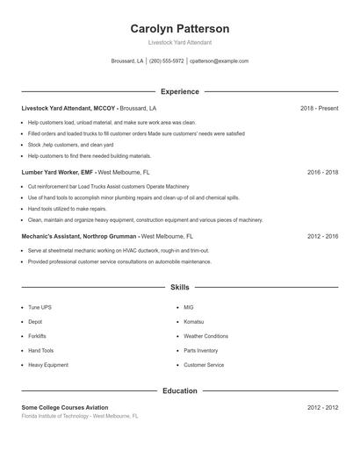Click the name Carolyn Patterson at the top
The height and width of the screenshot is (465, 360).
click(179, 29)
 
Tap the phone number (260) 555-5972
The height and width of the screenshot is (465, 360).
click(167, 61)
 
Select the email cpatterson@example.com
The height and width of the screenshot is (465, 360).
click(220, 61)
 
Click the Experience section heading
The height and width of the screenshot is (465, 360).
click(179, 91)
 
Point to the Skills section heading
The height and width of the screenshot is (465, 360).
click(179, 287)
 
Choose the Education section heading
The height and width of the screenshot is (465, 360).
click(179, 390)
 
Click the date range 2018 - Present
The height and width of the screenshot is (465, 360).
click(319, 108)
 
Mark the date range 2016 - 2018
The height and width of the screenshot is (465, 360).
click(322, 173)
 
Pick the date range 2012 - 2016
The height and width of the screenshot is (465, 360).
click(322, 237)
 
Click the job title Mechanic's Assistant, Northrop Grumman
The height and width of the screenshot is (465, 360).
click(79, 237)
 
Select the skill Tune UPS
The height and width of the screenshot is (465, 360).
click(40, 308)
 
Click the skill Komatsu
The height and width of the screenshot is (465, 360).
click(194, 322)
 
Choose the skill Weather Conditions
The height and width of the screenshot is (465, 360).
click(205, 336)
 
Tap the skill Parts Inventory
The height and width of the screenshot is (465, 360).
click(201, 351)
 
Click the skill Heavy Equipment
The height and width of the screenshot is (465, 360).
click(47, 365)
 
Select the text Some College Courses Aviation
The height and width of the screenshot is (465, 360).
click(65, 408)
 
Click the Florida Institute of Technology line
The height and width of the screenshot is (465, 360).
click(80, 416)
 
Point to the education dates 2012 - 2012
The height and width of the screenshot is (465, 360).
click(322, 408)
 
